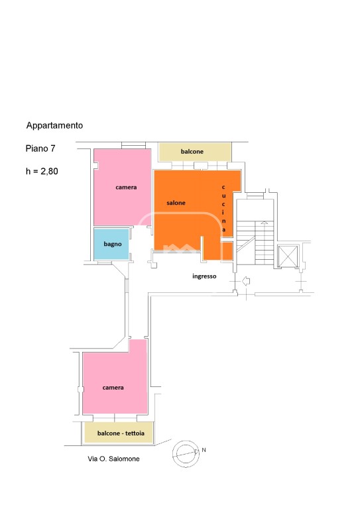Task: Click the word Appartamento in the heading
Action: (x=54, y=126)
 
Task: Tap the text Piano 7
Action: (x=40, y=148)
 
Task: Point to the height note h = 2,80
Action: (x=42, y=171)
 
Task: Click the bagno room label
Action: (x=113, y=244)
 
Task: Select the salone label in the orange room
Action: (x=176, y=203)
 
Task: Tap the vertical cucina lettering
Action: (x=223, y=208)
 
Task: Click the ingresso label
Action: (x=204, y=276)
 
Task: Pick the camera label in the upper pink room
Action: (x=126, y=188)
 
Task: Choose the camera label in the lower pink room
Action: (x=113, y=388)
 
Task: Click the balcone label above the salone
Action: (x=192, y=152)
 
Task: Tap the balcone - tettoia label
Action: (x=121, y=433)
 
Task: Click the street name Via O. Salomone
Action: (x=113, y=459)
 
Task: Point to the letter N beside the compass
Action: (x=204, y=450)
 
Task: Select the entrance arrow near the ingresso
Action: (x=246, y=281)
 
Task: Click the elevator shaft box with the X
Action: (x=288, y=256)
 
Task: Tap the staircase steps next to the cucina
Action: (x=255, y=243)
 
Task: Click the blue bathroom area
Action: (x=111, y=244)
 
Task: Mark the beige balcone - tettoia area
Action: (x=119, y=433)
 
